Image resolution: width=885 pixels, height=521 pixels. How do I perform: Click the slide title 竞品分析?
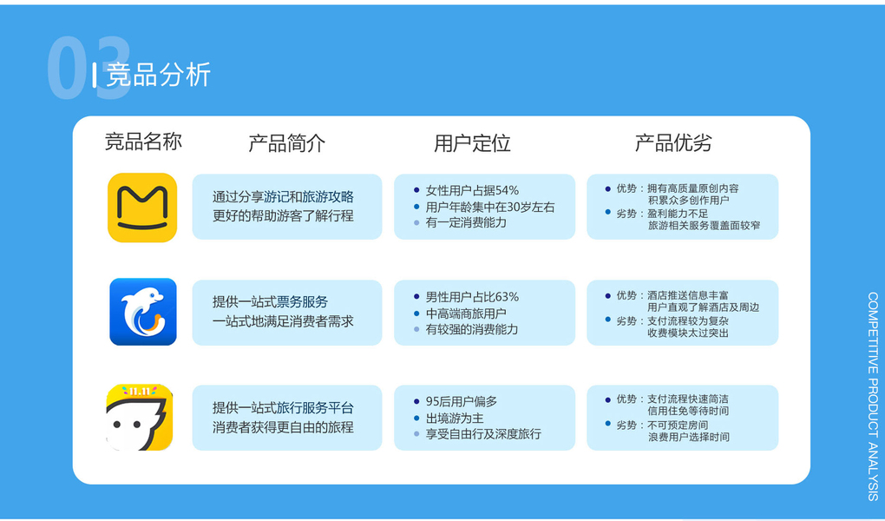(159, 75)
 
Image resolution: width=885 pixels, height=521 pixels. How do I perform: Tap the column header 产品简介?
(286, 143)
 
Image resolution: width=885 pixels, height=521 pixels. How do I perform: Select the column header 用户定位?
(472, 143)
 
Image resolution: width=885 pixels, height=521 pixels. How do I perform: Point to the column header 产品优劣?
(672, 143)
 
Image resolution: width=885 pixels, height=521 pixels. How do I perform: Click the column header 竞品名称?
(143, 142)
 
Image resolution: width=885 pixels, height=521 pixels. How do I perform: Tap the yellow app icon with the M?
(142, 208)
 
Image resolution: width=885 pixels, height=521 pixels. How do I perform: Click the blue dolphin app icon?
(143, 312)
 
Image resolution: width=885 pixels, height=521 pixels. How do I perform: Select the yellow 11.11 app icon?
(140, 418)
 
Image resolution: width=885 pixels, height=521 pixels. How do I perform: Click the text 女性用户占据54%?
(472, 190)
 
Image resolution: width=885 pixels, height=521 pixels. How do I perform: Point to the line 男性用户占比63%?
(472, 297)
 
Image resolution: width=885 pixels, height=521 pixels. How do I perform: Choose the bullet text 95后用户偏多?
(461, 402)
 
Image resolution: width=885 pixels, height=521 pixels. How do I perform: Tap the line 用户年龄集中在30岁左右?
(490, 207)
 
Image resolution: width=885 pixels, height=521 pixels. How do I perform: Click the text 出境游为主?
(455, 419)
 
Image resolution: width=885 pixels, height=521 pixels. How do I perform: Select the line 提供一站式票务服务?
(270, 302)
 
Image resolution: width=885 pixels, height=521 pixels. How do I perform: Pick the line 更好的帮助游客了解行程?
(283, 216)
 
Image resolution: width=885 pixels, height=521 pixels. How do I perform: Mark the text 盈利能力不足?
(678, 214)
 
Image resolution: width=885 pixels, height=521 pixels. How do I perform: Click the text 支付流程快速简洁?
(687, 399)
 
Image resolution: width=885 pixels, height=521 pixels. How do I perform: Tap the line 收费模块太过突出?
(687, 333)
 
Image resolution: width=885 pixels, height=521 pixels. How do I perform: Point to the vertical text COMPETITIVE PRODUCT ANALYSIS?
(873, 396)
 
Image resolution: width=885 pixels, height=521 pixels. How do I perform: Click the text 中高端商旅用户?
(466, 313)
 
